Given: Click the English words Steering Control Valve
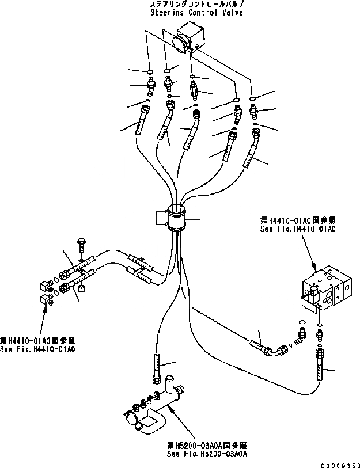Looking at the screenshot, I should (181, 12).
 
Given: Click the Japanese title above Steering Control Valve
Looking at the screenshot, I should (181, 4).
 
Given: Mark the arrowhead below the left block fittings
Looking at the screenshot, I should (46, 310).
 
